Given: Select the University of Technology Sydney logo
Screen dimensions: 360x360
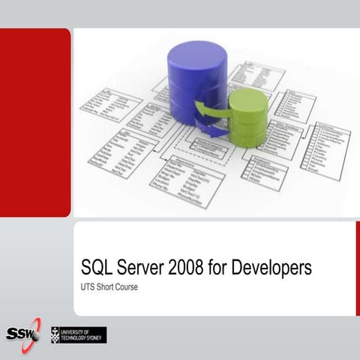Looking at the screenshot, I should pyautogui.click(x=78, y=334).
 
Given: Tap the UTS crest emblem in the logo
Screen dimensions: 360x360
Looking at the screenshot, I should pyautogui.click(x=56, y=334).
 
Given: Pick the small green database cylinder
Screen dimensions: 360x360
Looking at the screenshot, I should pyautogui.click(x=247, y=120).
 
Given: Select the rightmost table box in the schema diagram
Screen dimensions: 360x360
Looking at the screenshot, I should pyautogui.click(x=325, y=150).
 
